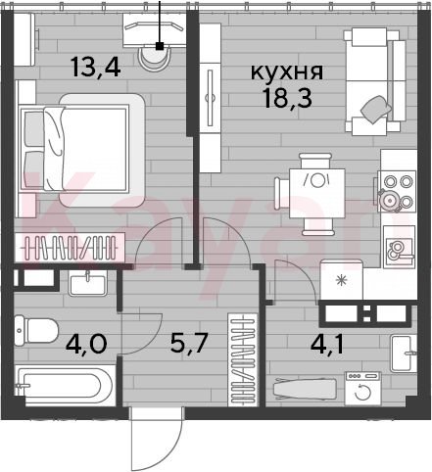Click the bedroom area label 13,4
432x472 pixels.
(x=96, y=67)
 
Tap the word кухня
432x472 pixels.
(x=287, y=71)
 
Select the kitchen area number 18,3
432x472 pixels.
(x=288, y=98)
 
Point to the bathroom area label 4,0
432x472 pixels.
(x=86, y=344)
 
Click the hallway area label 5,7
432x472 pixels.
(x=189, y=343)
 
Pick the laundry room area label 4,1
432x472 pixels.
(x=327, y=345)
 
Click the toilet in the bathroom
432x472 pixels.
(x=36, y=331)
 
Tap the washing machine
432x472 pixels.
(x=362, y=389)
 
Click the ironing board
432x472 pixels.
(x=305, y=389)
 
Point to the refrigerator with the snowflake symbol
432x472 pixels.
(x=342, y=280)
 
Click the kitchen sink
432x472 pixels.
(x=400, y=247)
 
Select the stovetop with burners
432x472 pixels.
(x=397, y=192)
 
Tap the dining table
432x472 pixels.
(x=317, y=193)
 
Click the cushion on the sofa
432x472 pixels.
(x=376, y=110)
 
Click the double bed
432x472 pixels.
(x=82, y=150)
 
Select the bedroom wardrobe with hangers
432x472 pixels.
(x=70, y=248)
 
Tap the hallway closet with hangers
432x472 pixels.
(x=243, y=359)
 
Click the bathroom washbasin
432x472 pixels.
(x=87, y=284)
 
